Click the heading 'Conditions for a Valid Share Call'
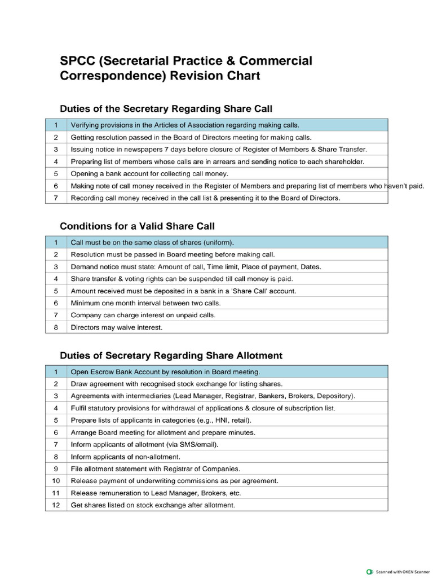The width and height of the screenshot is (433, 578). pyautogui.click(x=137, y=226)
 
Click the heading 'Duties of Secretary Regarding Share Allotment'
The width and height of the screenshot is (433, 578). pyautogui.click(x=171, y=356)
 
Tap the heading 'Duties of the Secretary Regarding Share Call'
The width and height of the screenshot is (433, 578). pyautogui.click(x=166, y=108)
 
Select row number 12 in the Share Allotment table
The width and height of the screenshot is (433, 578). pyautogui.click(x=56, y=505)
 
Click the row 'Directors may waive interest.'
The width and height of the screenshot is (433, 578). pyautogui.click(x=116, y=327)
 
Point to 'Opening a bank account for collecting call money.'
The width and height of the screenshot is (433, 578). pyautogui.click(x=149, y=174)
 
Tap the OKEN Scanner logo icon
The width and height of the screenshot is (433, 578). pyautogui.click(x=370, y=571)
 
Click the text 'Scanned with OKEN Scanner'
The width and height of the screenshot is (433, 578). pyautogui.click(x=401, y=571)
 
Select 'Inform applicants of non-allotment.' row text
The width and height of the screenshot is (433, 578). pyautogui.click(x=125, y=457)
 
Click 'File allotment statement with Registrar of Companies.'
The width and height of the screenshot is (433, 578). pyautogui.click(x=155, y=468)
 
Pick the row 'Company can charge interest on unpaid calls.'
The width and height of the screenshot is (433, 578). pyautogui.click(x=143, y=315)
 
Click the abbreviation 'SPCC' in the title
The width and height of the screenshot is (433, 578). pyautogui.click(x=78, y=61)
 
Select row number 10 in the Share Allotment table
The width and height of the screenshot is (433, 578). pyautogui.click(x=56, y=481)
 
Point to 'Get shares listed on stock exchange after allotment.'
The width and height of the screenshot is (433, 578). pyautogui.click(x=152, y=505)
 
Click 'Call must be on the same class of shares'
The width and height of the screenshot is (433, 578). pyautogui.click(x=152, y=242)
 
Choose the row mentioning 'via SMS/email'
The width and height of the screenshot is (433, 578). pyautogui.click(x=144, y=444)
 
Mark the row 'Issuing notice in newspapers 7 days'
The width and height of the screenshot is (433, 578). pyautogui.click(x=218, y=150)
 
